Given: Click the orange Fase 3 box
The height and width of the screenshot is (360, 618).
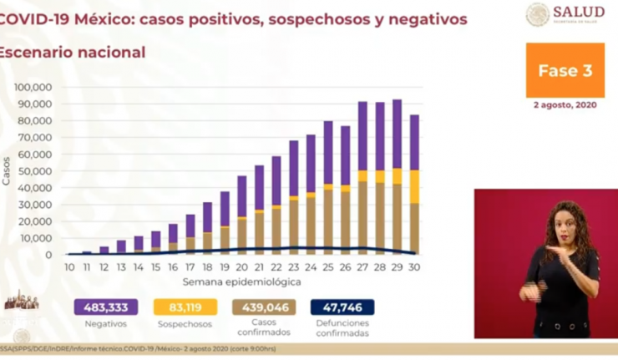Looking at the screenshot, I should click(x=570, y=70).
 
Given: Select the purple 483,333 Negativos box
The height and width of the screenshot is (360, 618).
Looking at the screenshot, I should click(x=105, y=307).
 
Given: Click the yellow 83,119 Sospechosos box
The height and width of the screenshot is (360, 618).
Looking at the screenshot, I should click(x=186, y=307).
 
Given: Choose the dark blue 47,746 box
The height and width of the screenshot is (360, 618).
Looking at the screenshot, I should click(x=342, y=307).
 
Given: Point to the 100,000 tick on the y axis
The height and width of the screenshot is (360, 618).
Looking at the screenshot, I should click(x=34, y=87).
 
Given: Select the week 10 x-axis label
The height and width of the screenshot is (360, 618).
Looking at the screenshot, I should click(x=69, y=267).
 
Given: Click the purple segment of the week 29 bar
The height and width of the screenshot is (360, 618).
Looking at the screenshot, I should click(x=396, y=134).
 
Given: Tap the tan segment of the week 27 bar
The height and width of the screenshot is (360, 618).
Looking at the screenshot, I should click(x=362, y=217).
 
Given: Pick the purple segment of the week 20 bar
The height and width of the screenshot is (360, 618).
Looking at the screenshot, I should click(x=242, y=196).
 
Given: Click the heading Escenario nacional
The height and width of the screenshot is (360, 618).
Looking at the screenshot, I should click(x=73, y=53).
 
